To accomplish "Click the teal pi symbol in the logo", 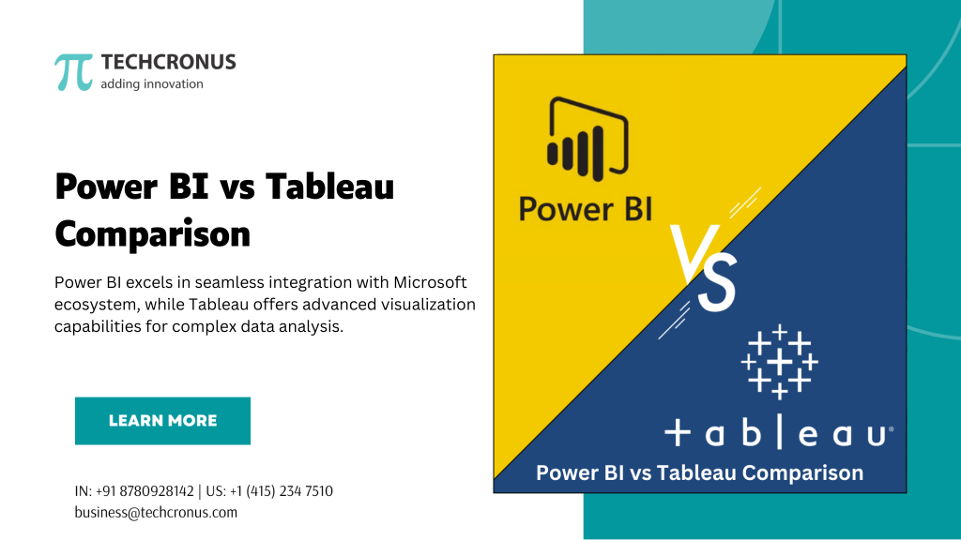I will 73,72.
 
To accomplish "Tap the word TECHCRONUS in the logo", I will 168,63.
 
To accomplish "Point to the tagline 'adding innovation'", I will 151,84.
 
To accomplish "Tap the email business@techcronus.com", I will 156,512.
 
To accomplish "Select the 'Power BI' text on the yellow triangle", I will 585,208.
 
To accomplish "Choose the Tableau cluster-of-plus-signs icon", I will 779,360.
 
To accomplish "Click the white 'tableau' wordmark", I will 777,433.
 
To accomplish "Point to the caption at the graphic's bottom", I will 699,473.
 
